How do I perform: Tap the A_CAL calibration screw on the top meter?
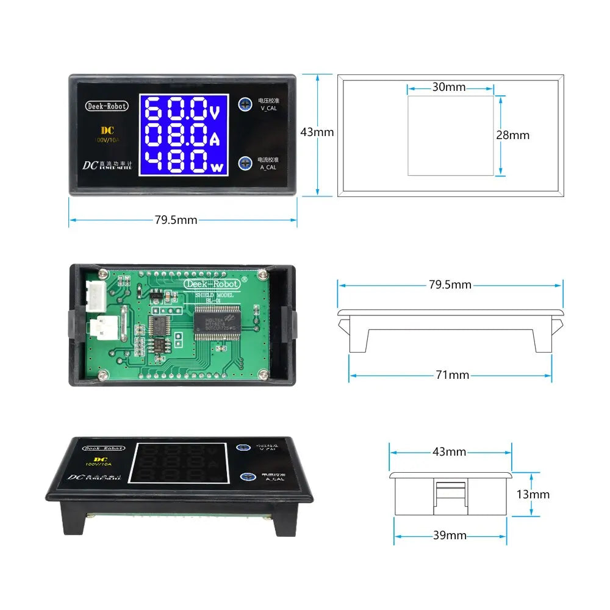[246, 162]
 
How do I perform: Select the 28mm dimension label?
[512, 135]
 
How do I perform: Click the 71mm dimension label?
[452, 375]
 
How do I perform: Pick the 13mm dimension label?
[533, 494]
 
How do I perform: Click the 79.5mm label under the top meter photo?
[176, 220]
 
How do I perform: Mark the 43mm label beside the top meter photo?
[317, 132]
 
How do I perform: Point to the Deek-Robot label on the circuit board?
[211, 284]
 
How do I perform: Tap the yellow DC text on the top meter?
[107, 130]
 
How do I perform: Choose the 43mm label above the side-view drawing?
[449, 452]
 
